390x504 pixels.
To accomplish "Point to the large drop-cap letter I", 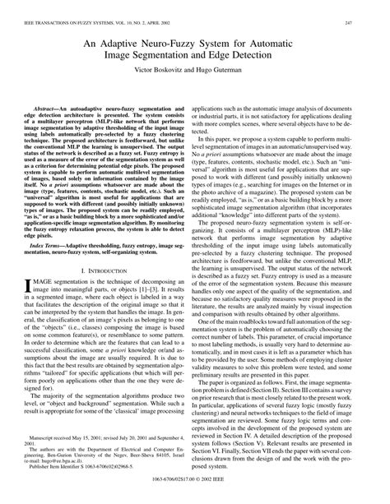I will pos(26,287).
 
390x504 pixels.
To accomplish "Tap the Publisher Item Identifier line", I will pos(82,470).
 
